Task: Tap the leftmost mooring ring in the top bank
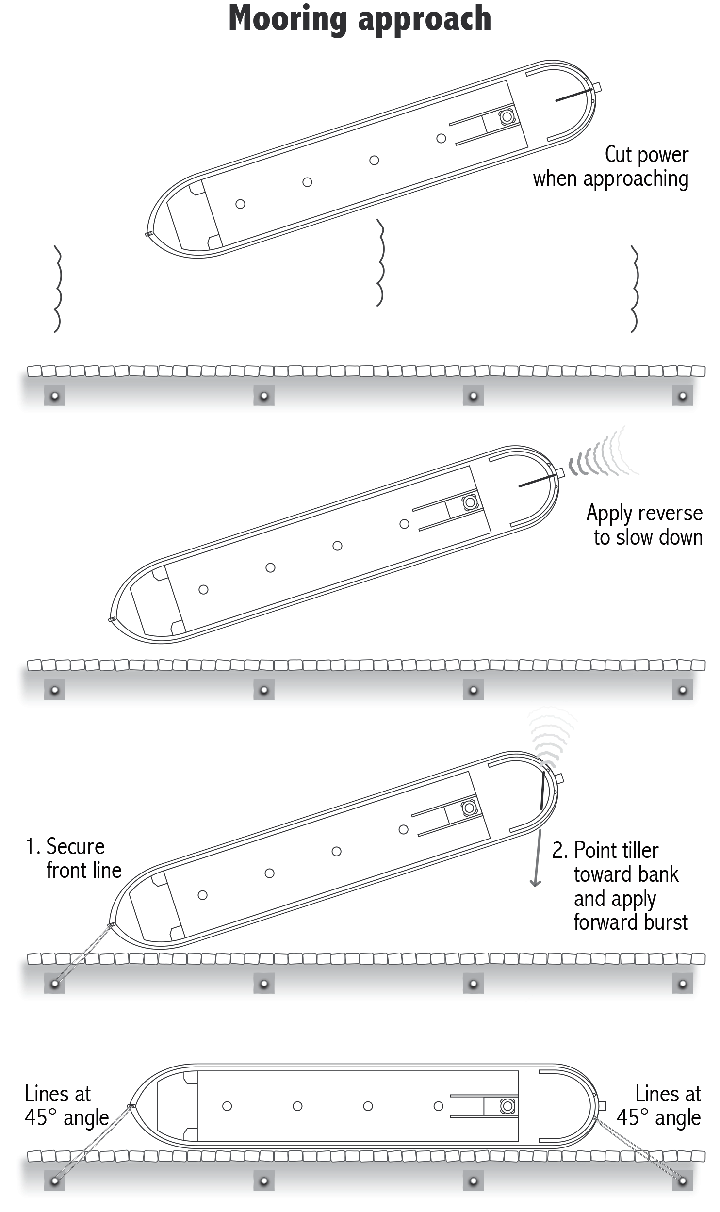[54, 396]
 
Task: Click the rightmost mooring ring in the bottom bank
[682, 1180]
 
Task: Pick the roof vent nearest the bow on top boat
[240, 204]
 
